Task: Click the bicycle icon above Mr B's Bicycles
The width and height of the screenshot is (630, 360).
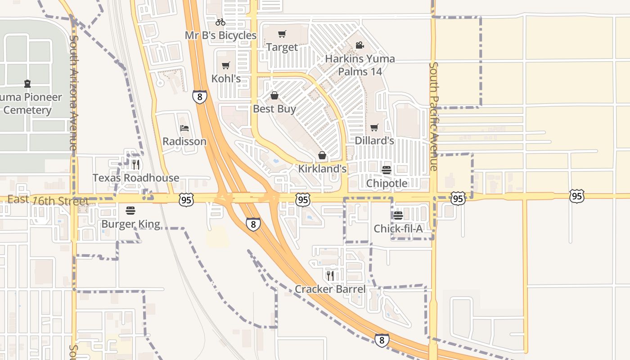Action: coord(220,22)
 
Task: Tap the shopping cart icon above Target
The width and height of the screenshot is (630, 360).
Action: coord(282,34)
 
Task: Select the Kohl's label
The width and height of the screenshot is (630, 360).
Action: coord(226,78)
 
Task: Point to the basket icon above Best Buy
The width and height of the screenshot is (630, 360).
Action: coord(274,95)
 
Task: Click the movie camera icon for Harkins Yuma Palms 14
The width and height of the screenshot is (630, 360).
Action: coord(360,45)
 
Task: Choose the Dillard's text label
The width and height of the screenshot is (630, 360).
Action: coord(374,140)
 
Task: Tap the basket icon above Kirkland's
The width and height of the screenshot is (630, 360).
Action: coord(322,156)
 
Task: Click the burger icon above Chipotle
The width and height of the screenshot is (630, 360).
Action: coord(387,170)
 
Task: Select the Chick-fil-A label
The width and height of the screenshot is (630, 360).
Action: coord(398,229)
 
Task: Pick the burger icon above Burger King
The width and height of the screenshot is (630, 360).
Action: coord(130,211)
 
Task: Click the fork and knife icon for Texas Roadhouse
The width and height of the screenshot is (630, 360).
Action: coord(135,165)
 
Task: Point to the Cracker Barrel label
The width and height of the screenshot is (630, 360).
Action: coord(330,289)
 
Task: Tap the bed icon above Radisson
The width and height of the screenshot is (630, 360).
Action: coord(184,128)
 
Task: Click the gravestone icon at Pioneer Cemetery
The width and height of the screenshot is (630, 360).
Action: coord(27,84)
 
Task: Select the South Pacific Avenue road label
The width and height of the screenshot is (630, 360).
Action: coord(433,116)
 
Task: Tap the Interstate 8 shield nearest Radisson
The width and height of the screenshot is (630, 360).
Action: coord(200,96)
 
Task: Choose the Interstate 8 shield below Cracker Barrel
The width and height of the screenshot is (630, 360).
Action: coord(382,340)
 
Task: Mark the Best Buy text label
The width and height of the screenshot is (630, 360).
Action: coord(274,108)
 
